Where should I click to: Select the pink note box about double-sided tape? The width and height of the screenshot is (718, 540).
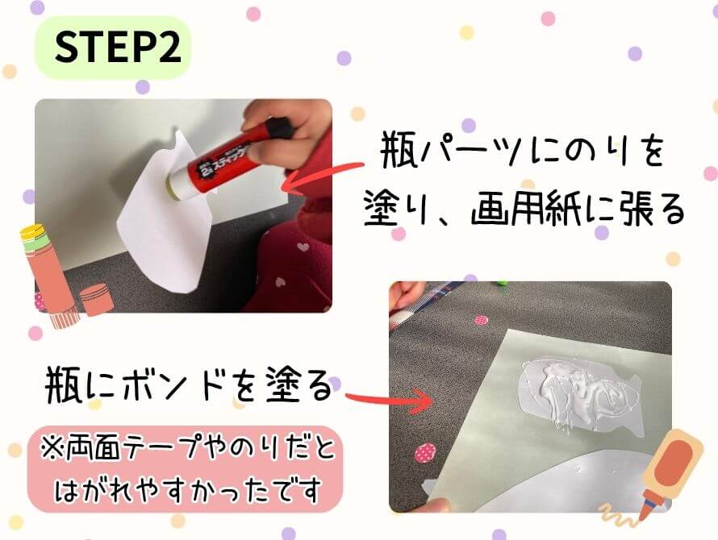[182, 468]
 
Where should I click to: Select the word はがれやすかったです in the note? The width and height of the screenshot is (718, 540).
[189, 488]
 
